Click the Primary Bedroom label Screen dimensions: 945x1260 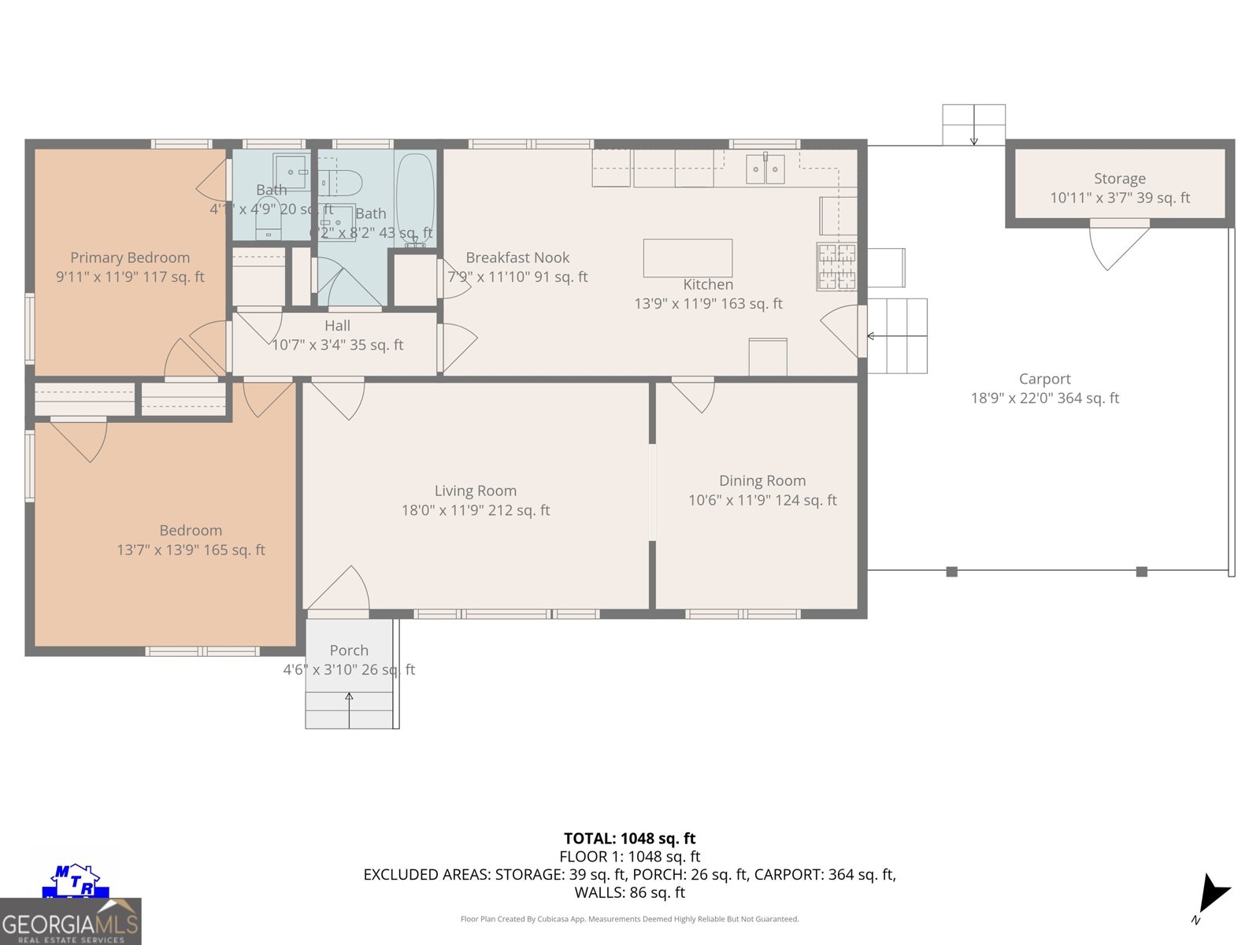tap(130, 258)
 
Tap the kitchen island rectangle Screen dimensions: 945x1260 tap(687, 258)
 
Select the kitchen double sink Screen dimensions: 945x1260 tap(765, 169)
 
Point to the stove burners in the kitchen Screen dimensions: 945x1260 tap(836, 266)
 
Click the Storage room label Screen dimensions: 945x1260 tap(1119, 179)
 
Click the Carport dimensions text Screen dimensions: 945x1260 tap(1044, 398)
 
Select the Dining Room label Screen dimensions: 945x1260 tap(762, 480)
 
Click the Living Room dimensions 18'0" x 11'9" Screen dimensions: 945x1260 tap(475, 510)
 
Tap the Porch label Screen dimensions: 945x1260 tap(349, 650)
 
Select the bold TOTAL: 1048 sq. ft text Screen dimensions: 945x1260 tap(629, 839)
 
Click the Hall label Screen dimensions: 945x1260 tap(337, 326)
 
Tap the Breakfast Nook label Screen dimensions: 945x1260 tap(517, 258)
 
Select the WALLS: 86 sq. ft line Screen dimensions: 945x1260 tap(629, 892)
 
